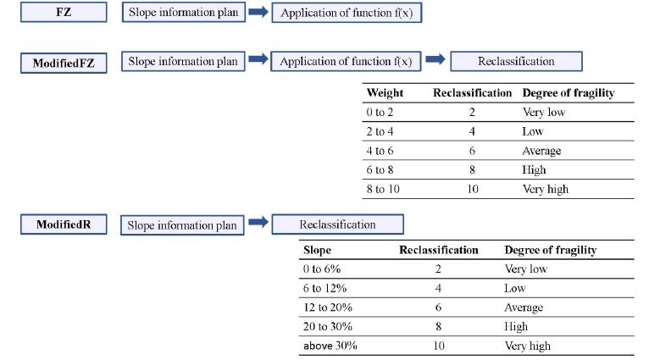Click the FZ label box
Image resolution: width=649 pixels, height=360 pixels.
tap(64, 13)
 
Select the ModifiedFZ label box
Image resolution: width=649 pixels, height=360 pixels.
tap(64, 63)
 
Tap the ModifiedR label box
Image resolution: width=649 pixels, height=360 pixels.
tap(64, 224)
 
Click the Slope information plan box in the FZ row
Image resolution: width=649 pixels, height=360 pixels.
tap(184, 13)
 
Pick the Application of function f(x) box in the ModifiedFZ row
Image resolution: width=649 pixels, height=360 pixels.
tap(346, 62)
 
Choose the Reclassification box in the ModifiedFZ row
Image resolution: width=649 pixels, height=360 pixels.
tap(516, 61)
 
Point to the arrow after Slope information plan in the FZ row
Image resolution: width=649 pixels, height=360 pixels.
tap(258, 13)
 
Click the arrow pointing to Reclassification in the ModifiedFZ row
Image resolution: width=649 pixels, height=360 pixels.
tap(435, 60)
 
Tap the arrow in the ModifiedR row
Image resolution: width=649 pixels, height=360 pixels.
tap(258, 223)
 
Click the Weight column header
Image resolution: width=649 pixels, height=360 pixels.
tap(384, 92)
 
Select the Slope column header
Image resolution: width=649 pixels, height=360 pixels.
tap(317, 250)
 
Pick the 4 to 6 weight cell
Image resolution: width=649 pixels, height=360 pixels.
tap(380, 151)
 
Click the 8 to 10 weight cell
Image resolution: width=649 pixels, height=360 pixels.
tap(382, 189)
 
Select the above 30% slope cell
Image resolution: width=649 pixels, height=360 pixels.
tap(330, 346)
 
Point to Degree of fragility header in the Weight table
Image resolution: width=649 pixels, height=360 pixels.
tap(568, 92)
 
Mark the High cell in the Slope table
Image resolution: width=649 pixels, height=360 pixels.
tap(516, 326)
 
